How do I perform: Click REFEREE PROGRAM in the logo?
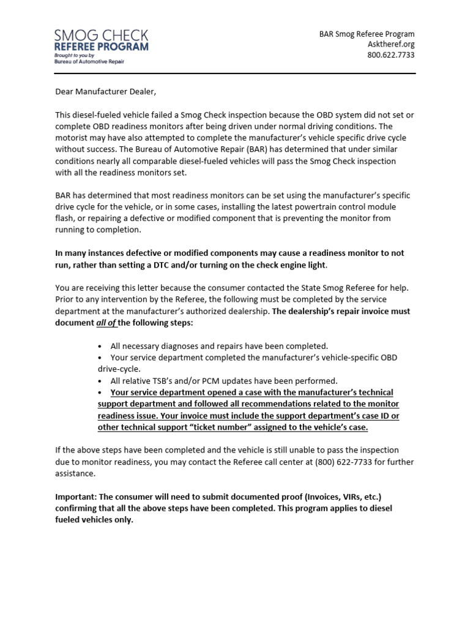click(x=101, y=47)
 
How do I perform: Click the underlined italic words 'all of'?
click(x=106, y=323)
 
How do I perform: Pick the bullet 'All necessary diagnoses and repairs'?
click(x=219, y=346)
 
